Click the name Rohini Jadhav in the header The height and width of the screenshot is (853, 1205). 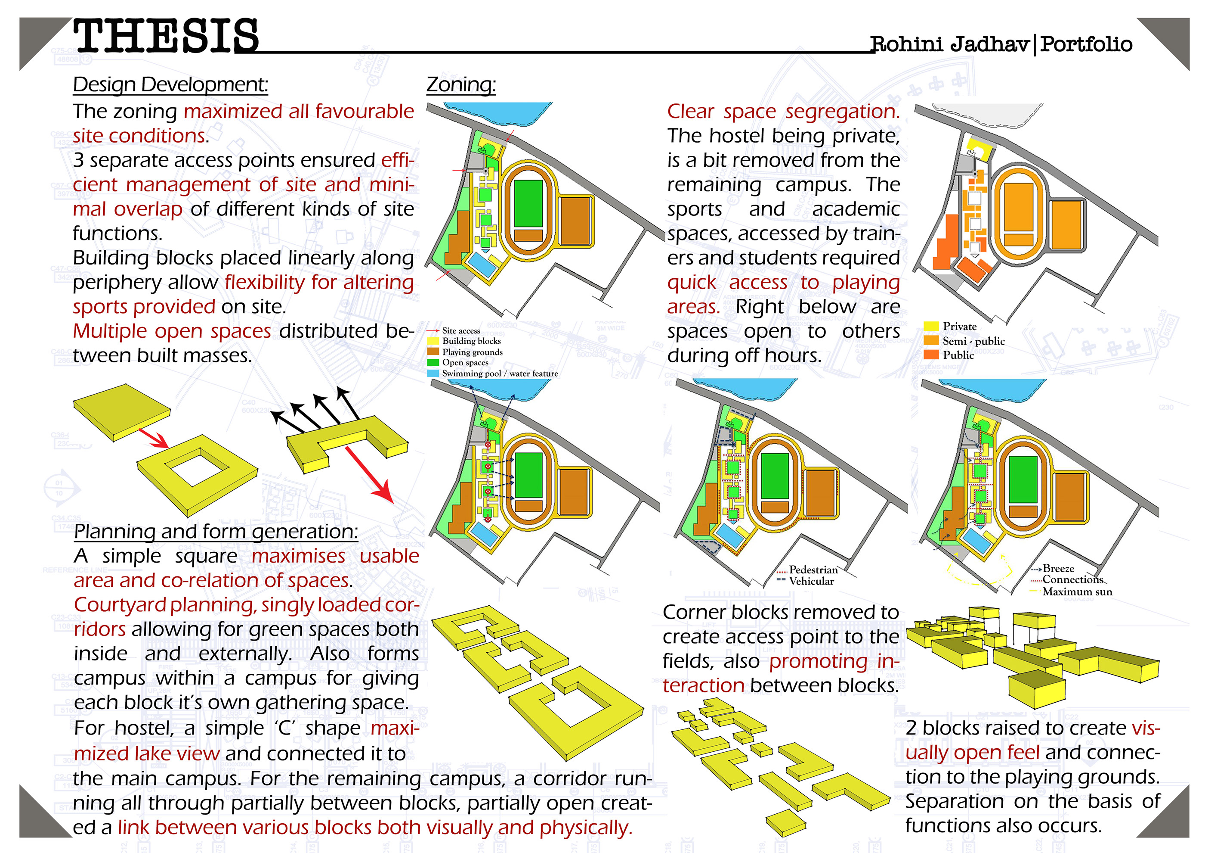click(x=949, y=44)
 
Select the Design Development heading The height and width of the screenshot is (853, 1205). click(x=170, y=84)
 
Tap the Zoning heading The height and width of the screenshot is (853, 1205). click(x=461, y=84)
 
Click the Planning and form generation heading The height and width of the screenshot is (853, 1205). click(x=216, y=532)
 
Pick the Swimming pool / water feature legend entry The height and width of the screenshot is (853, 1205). click(x=499, y=374)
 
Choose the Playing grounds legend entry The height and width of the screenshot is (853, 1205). click(x=472, y=352)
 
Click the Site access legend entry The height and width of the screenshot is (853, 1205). click(x=460, y=331)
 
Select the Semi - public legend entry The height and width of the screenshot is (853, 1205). click(x=973, y=341)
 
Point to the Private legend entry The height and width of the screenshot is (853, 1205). click(x=959, y=326)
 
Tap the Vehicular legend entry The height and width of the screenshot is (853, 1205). click(x=811, y=581)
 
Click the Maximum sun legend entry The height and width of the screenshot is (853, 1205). click(x=1076, y=591)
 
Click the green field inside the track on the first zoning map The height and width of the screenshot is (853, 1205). click(x=528, y=204)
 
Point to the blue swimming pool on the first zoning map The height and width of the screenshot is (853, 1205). click(x=482, y=265)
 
